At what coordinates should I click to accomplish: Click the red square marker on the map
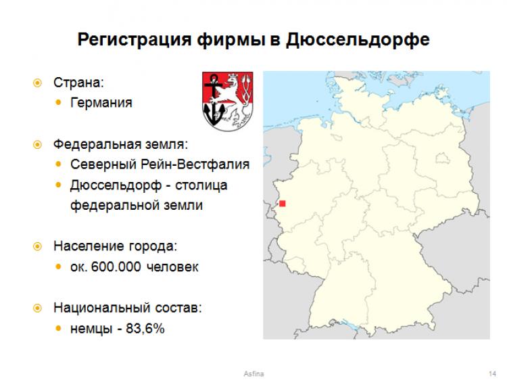pyautogui.click(x=283, y=204)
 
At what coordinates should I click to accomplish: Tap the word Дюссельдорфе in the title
pyautogui.click(x=358, y=40)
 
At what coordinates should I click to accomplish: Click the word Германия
pyautogui.click(x=101, y=103)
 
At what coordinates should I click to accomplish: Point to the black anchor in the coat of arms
pyautogui.click(x=214, y=100)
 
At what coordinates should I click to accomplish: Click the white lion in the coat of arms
pyautogui.click(x=235, y=100)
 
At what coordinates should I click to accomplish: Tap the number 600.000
pyautogui.click(x=116, y=267)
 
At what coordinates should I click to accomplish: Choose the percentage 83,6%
pyautogui.click(x=145, y=329)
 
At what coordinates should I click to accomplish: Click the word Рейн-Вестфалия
pyautogui.click(x=195, y=164)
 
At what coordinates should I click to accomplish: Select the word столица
pyautogui.click(x=201, y=186)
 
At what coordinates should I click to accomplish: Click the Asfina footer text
pyautogui.click(x=254, y=374)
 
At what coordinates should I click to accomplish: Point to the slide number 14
pyautogui.click(x=492, y=374)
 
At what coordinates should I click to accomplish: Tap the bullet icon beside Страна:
pyautogui.click(x=37, y=83)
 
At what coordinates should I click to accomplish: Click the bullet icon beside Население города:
pyautogui.click(x=37, y=246)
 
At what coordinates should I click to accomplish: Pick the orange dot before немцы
pyautogui.click(x=59, y=329)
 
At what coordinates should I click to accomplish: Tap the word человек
pyautogui.click(x=172, y=267)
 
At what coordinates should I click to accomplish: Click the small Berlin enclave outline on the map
pyautogui.click(x=442, y=158)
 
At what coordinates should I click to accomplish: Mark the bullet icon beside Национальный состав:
pyautogui.click(x=37, y=308)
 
